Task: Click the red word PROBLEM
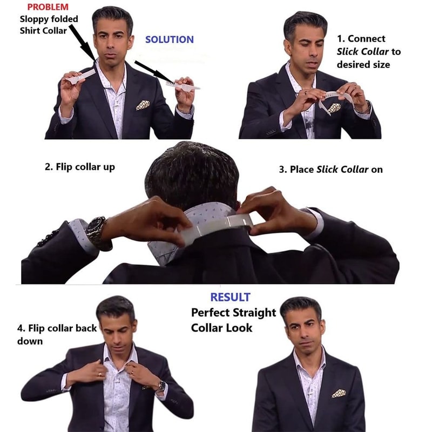point(48,8)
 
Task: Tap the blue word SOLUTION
point(169,39)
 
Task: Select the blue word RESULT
point(230,297)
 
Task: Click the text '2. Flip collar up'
point(79,167)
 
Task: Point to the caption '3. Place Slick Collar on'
point(330,169)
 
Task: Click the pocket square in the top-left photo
point(143,104)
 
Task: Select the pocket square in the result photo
point(339,393)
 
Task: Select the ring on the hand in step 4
point(98,374)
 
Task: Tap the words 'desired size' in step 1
point(363,65)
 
